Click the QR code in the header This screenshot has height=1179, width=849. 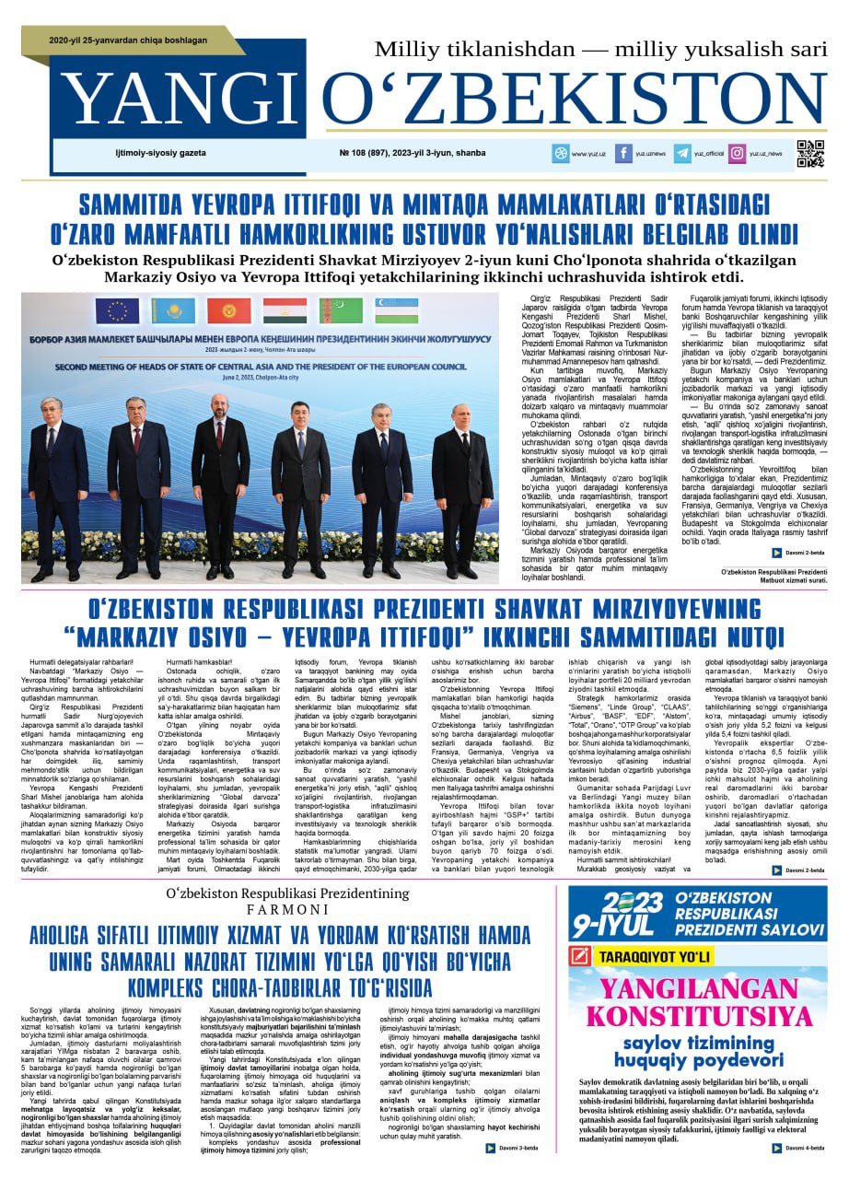pyautogui.click(x=810, y=153)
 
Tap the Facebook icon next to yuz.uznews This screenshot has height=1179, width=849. pyautogui.click(x=623, y=154)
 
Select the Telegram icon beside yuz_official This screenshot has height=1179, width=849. pyautogui.click(x=682, y=154)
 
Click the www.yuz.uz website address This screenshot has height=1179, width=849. pyautogui.click(x=589, y=154)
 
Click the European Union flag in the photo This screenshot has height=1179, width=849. pyautogui.click(x=117, y=311)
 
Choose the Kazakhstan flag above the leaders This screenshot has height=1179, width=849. pyautogui.click(x=173, y=311)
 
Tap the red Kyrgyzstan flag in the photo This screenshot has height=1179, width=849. pyautogui.click(x=228, y=311)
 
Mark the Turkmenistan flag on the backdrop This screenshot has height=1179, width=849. pyautogui.click(x=341, y=311)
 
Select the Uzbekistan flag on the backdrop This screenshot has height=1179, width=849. pyautogui.click(x=397, y=311)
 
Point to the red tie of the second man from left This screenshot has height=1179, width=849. pyautogui.click(x=136, y=440)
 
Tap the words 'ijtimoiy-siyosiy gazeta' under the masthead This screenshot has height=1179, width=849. pyautogui.click(x=160, y=153)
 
